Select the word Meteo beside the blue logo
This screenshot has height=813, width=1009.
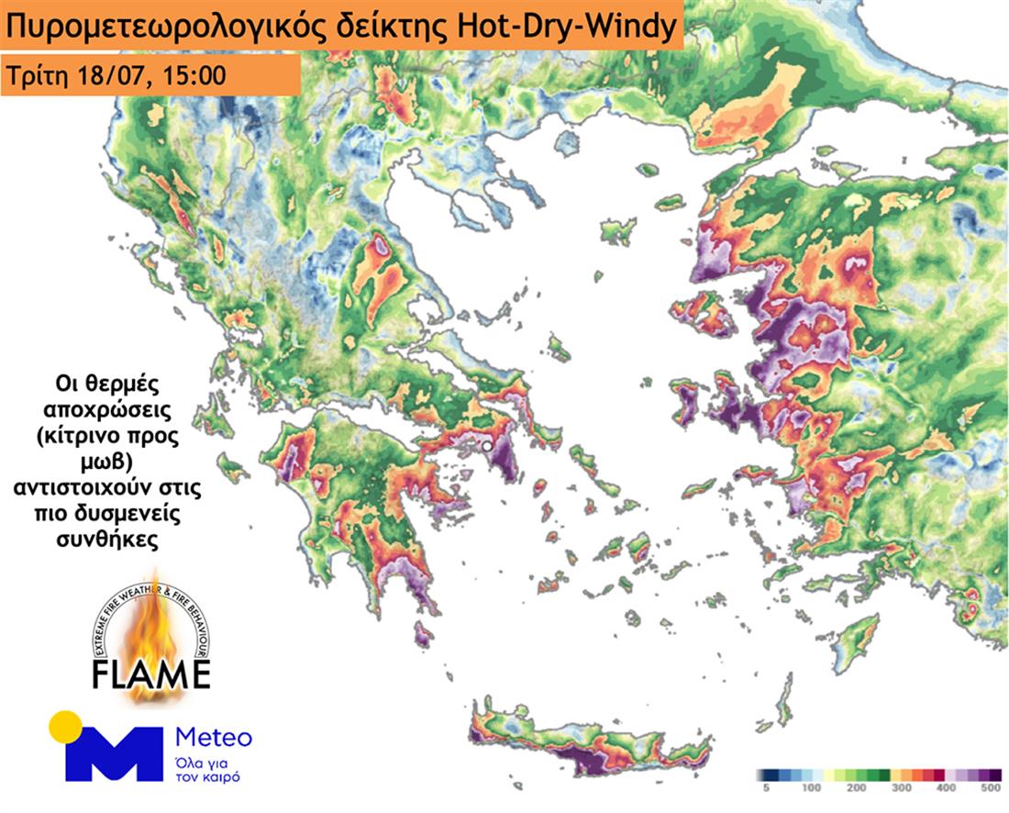[212, 737]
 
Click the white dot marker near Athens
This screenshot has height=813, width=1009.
[487, 446]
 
